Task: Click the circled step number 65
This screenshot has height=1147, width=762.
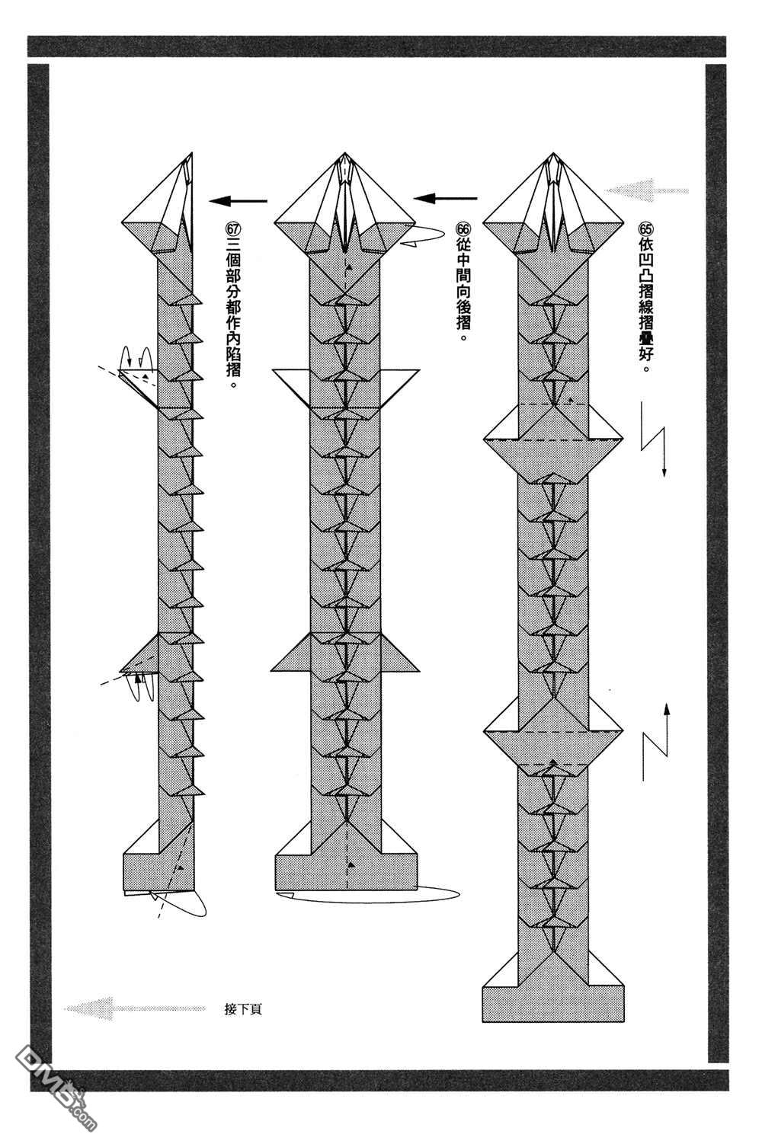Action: (647, 228)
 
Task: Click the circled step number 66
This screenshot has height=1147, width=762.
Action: (463, 228)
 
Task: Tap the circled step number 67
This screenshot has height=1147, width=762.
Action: (232, 228)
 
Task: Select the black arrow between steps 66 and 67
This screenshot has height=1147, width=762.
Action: (239, 201)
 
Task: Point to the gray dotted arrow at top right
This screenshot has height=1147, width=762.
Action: (648, 190)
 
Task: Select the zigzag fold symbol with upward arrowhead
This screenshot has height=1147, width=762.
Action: (657, 742)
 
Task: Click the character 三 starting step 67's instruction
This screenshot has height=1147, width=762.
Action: (232, 248)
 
